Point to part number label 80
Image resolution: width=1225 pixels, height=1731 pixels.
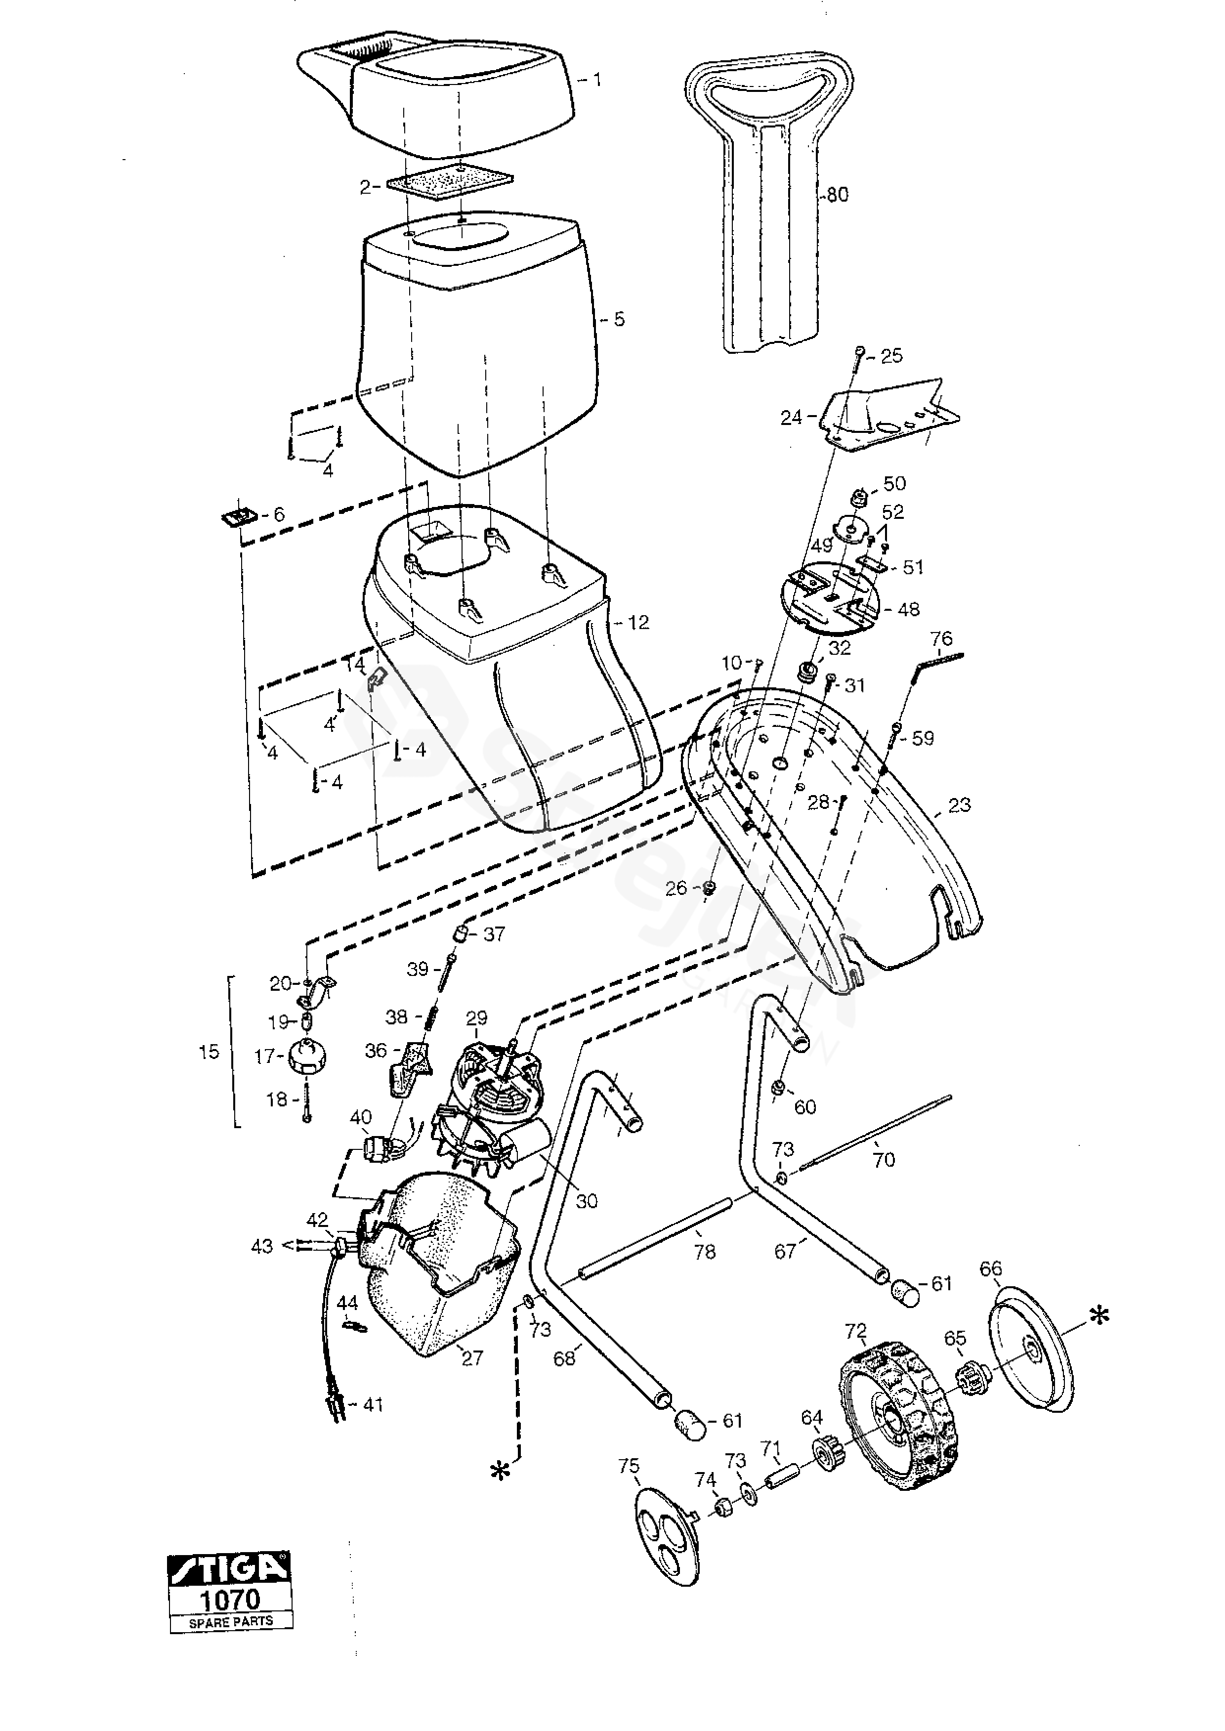(837, 195)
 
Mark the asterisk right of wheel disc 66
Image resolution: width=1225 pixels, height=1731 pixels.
(1100, 1316)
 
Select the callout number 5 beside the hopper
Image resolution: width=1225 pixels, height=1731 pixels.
(619, 319)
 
